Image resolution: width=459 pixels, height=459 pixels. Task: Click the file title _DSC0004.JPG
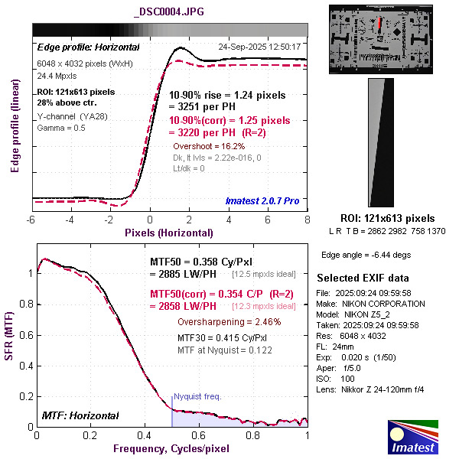169,13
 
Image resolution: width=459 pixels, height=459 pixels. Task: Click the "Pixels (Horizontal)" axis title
170,232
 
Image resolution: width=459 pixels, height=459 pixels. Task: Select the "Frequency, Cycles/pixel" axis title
172,448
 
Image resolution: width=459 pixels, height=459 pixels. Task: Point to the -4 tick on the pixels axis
70,220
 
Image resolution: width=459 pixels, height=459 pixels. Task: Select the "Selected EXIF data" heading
363,277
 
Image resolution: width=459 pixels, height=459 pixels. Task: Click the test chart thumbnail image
382,39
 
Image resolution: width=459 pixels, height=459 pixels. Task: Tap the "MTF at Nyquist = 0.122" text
225,350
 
